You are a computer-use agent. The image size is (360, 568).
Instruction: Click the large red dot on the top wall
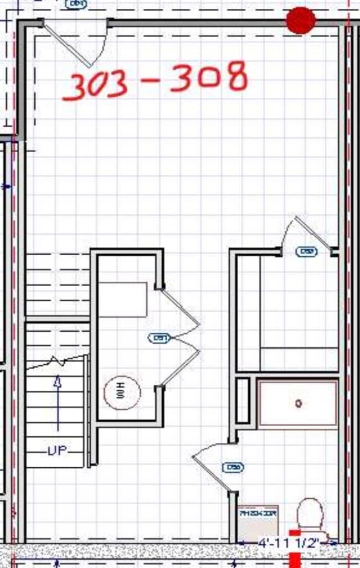pos(301,20)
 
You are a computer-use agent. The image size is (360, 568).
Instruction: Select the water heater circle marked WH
pos(122,393)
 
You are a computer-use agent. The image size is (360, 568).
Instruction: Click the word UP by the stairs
pos(58,451)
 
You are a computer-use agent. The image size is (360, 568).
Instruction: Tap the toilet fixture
pos(310,515)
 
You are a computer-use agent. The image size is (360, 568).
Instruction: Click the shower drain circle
pos(299,404)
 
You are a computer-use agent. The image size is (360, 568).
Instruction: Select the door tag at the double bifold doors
pos(159,337)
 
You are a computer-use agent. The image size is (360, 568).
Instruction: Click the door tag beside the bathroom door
pos(233,467)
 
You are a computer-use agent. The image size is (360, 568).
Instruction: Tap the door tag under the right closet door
pos(306,251)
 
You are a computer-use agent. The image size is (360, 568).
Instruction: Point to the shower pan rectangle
pos(298,404)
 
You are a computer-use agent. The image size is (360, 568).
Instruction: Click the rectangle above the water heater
pos(123,300)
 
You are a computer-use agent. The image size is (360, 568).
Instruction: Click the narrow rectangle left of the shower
pos(243,400)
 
